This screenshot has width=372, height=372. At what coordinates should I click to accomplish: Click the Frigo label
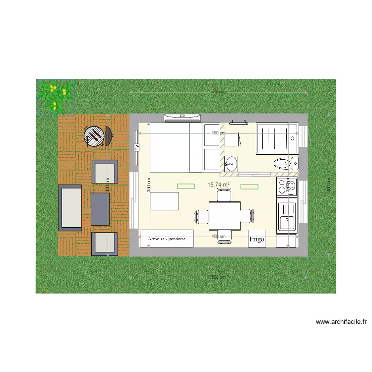[x=256, y=239]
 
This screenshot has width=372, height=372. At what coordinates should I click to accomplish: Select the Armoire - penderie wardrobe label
[x=167, y=239]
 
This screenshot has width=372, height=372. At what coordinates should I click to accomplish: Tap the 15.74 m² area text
[x=218, y=185]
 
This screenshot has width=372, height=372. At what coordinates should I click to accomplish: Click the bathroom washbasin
[x=231, y=162]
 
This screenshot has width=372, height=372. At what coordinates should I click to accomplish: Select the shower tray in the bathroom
[x=276, y=137]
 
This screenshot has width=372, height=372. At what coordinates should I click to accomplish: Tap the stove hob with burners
[x=287, y=186]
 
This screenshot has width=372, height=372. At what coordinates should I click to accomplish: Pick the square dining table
[x=225, y=214]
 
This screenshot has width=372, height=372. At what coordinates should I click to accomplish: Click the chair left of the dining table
[x=202, y=216]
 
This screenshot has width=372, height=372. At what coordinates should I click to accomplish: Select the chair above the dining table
[x=224, y=195]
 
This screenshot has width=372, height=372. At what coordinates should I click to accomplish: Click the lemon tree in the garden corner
[x=55, y=97]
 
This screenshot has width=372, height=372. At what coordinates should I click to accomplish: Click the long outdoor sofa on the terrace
[x=70, y=207]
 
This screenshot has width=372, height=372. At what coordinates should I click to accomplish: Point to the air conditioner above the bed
[x=183, y=118]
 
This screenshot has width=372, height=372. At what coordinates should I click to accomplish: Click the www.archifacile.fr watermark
[x=341, y=322]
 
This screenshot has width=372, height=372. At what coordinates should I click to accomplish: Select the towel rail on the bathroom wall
[x=239, y=121]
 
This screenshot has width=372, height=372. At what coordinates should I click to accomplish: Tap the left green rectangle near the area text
[x=186, y=186]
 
